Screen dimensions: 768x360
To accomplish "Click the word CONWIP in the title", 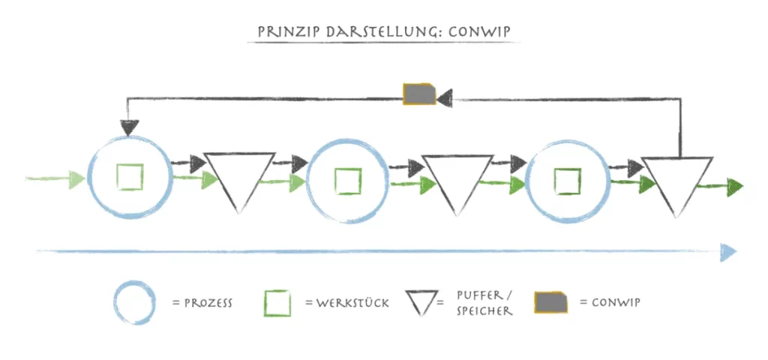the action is (x=480, y=31).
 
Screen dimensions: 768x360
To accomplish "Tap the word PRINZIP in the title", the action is (x=283, y=31).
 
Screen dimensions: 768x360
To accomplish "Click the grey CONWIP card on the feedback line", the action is (x=419, y=94).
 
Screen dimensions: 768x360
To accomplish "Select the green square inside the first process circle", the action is (x=130, y=177).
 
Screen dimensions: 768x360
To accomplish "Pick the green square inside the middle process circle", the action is (x=348, y=181).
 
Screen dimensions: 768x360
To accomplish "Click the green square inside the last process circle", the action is (x=567, y=181).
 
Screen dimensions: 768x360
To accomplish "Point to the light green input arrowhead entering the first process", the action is (x=77, y=178).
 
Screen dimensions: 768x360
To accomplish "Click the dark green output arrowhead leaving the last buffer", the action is (x=735, y=187).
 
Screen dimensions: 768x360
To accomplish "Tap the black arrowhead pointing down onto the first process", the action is (x=128, y=127).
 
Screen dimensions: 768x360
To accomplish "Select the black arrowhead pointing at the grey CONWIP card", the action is (x=445, y=98).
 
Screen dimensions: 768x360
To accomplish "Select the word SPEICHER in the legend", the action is (x=484, y=311).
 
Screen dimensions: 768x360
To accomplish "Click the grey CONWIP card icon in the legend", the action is (x=551, y=302).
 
